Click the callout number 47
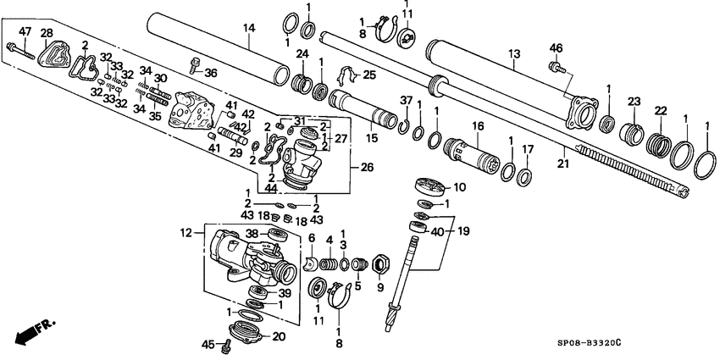25,31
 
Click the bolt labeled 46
557,64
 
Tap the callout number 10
460,186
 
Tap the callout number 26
367,168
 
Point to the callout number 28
47,32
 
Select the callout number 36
211,73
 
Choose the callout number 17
527,149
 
